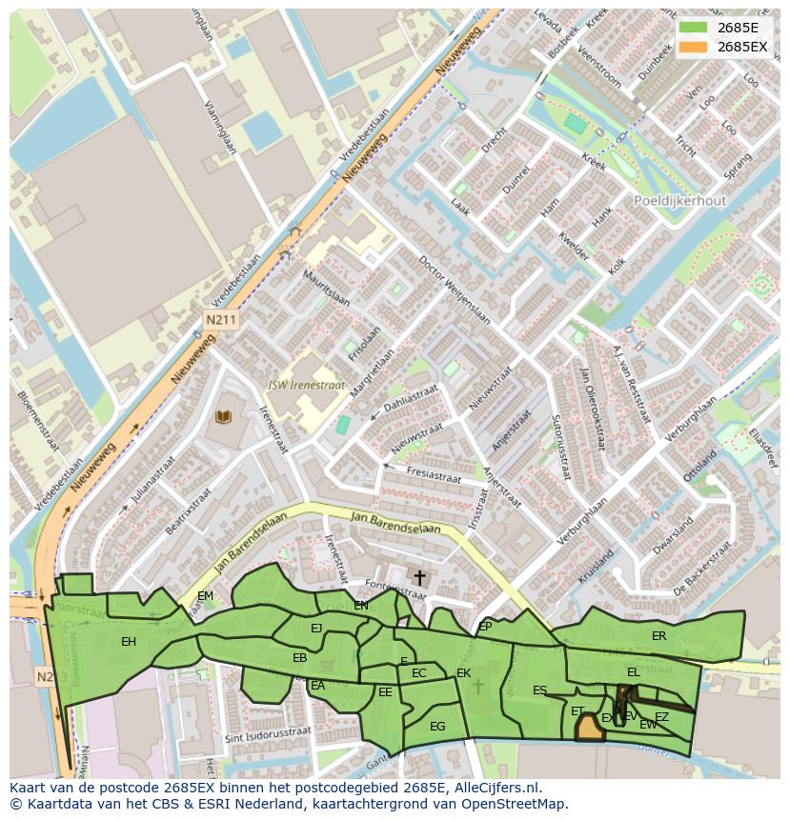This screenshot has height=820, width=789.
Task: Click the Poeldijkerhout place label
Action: pos(679,201)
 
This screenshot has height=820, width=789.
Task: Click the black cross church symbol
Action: pos(419,578)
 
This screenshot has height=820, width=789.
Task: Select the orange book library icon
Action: pos(224,417)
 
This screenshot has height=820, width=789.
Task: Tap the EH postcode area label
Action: pos(129,642)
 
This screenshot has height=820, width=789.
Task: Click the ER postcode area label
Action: pos(658,636)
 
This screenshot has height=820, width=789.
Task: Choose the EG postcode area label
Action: pos(437,727)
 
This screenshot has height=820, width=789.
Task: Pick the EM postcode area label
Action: pos(205,597)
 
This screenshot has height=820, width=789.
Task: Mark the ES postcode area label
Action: pos(539,690)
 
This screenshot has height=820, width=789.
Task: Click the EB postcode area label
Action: pos(299,658)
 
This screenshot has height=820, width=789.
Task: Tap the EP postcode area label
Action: pos(485,627)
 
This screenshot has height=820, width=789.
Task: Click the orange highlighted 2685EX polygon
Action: pos(590,729)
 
